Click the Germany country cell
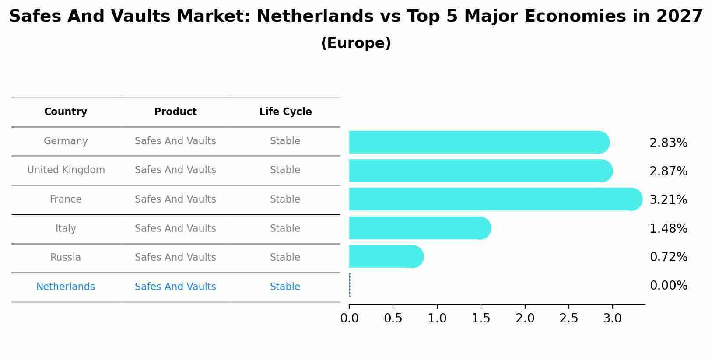[66, 141]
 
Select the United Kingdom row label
[66, 170]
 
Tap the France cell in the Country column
[66, 199]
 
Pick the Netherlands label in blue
[66, 287]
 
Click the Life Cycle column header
[285, 112]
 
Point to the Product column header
[175, 112]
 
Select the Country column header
[66, 112]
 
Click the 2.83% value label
[668, 143]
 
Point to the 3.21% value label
[668, 200]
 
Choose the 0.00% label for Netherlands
[668, 286]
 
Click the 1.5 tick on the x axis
[481, 318]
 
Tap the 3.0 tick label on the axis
[612, 318]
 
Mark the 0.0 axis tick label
[349, 318]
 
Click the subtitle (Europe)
[356, 43]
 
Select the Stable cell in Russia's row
[285, 258]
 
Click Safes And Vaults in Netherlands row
[175, 287]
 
